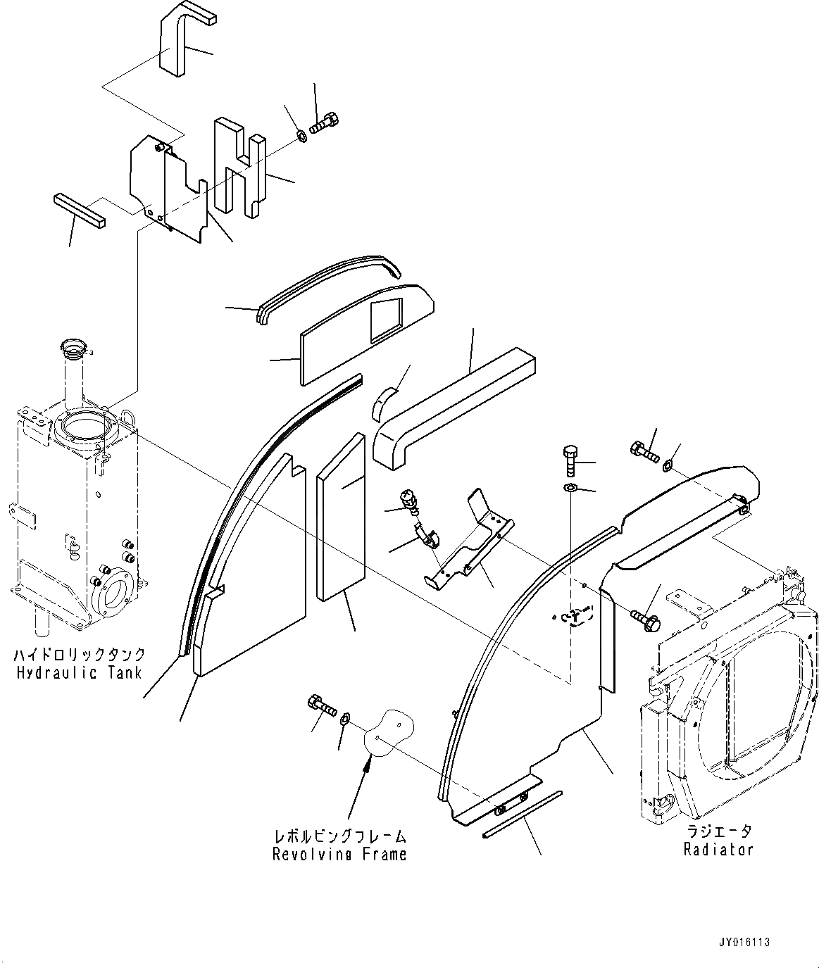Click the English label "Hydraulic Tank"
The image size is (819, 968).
point(79,672)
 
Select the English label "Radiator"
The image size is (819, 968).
point(718,849)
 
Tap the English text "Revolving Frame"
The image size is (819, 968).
point(339,854)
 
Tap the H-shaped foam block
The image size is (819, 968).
point(239,165)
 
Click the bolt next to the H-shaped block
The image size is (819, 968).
point(324,124)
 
